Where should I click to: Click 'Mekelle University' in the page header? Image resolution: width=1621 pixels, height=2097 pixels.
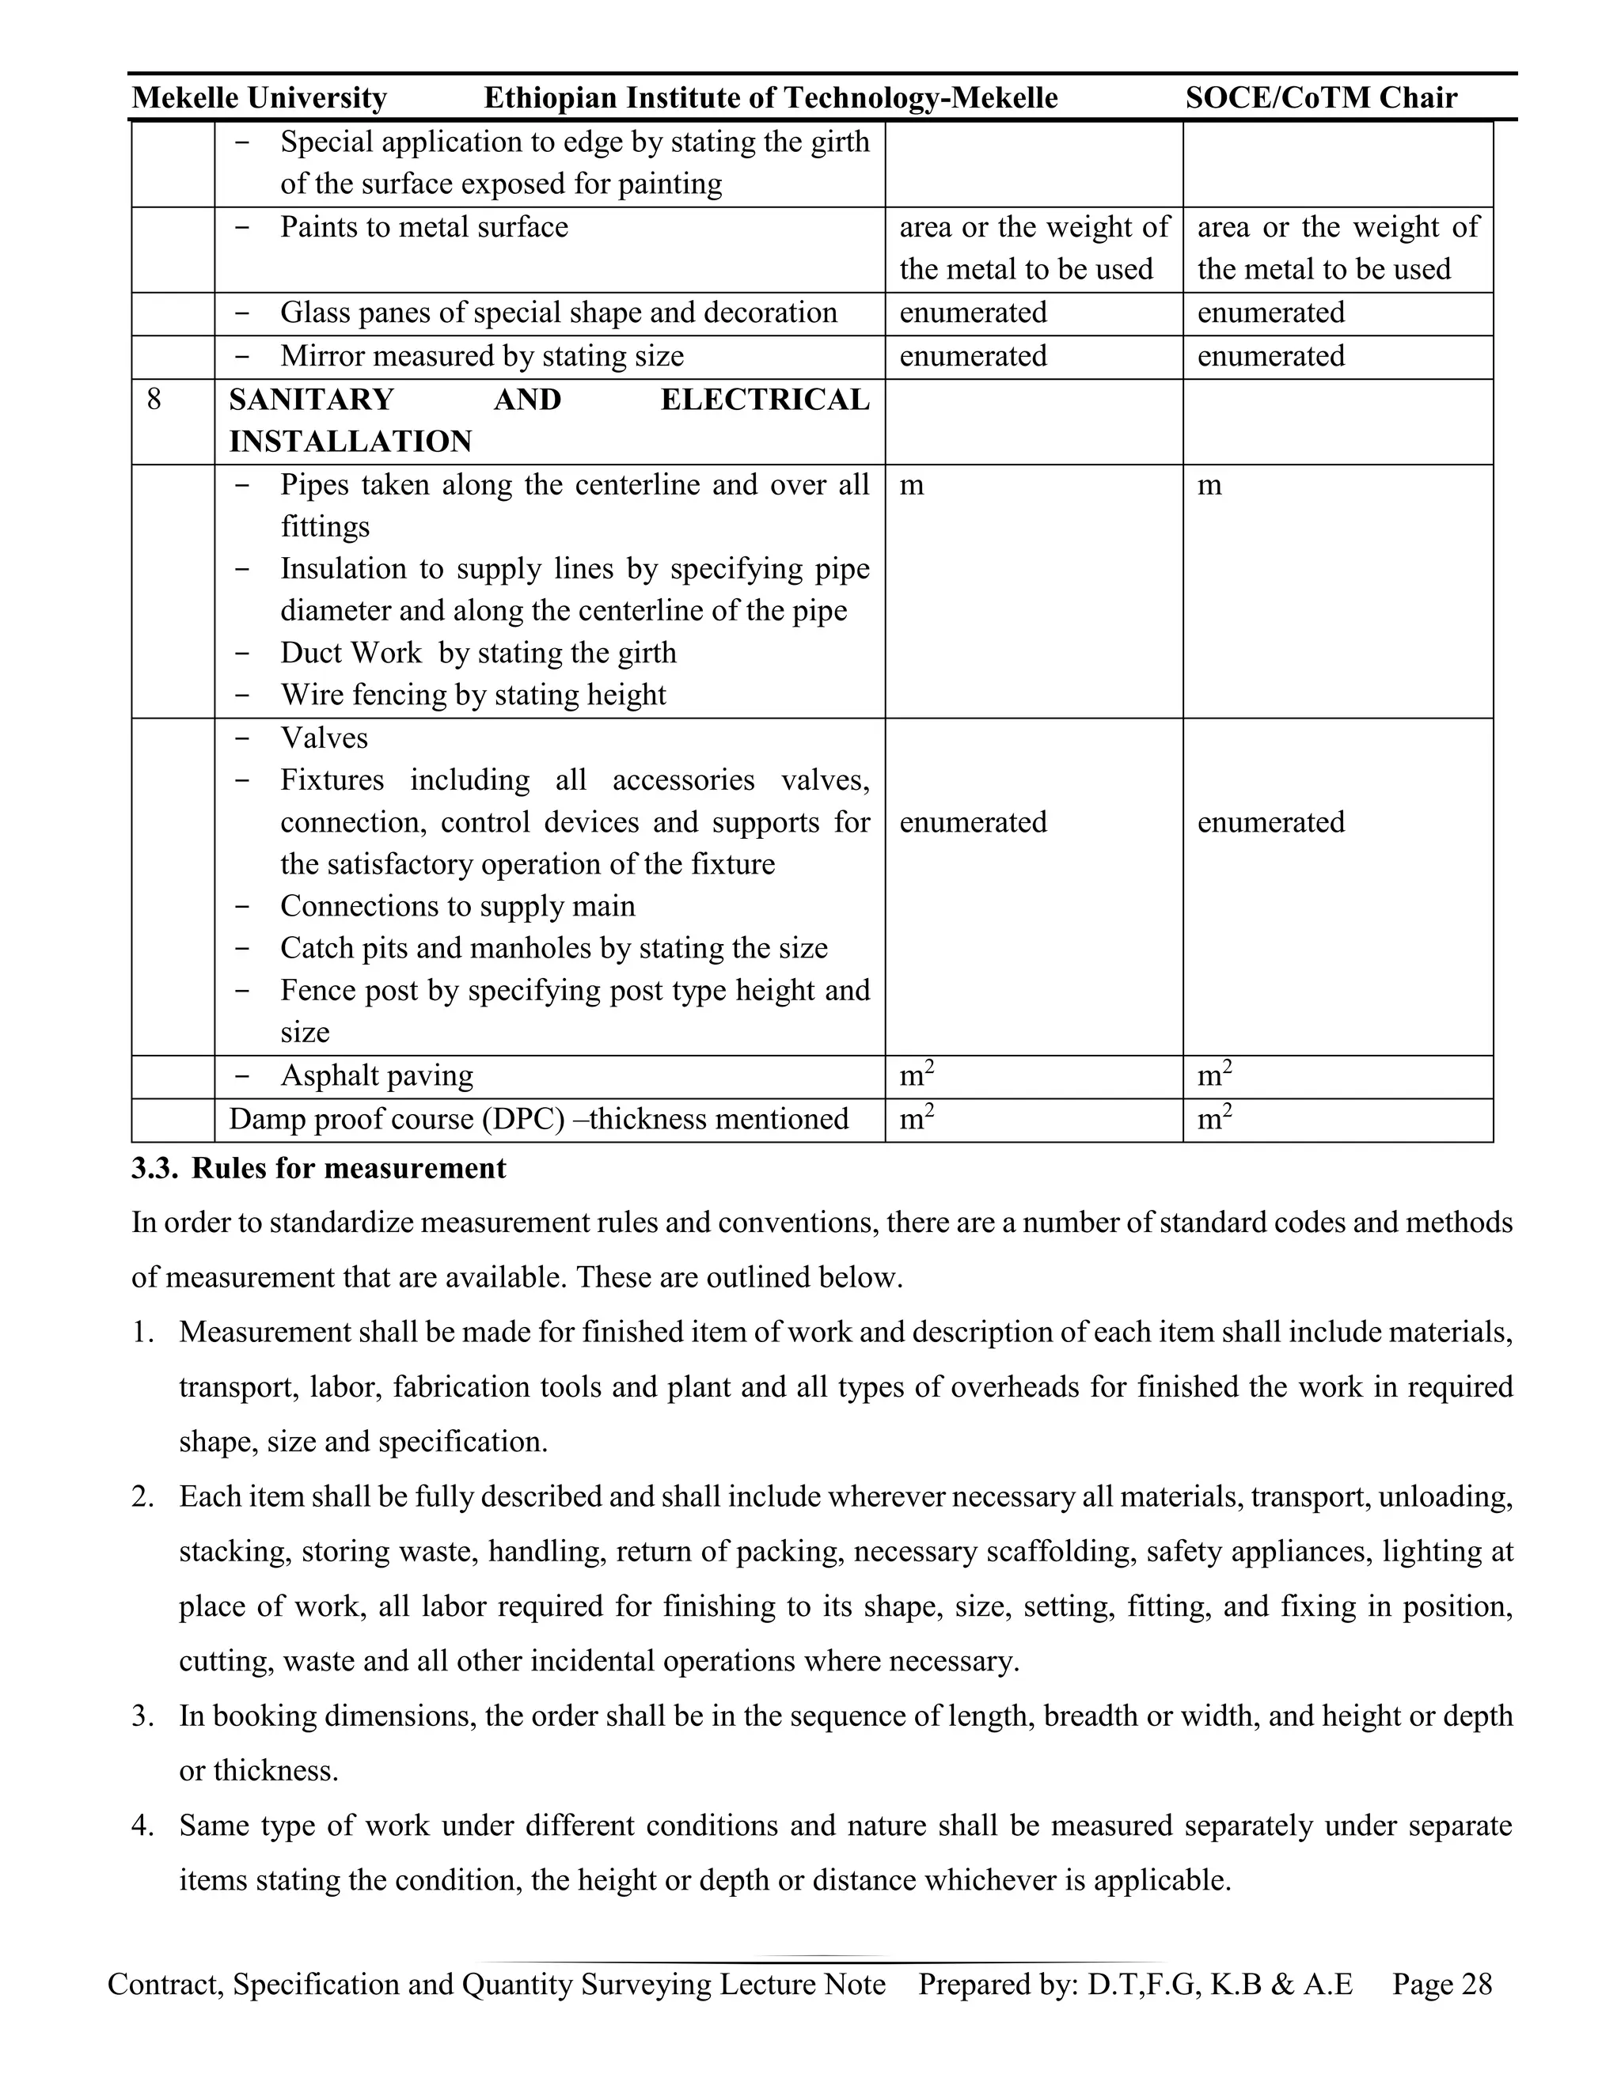(260, 98)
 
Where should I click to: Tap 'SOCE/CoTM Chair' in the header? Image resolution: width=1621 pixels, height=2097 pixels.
(1321, 98)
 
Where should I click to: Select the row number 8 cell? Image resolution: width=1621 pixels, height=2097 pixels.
(154, 399)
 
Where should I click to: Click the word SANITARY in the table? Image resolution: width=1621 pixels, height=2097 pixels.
(311, 400)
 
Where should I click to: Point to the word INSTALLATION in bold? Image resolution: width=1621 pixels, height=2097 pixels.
(351, 442)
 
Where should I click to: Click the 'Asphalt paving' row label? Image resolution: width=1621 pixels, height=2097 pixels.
(377, 1076)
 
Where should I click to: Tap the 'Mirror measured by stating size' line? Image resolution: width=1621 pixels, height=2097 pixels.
(482, 356)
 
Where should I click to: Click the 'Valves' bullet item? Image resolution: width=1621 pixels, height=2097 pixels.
(324, 738)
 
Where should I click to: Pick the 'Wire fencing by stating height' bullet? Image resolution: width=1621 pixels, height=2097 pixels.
(473, 695)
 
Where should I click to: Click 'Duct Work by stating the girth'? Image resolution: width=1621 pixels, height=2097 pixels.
(478, 653)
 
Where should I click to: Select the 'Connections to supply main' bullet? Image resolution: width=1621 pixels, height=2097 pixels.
(457, 906)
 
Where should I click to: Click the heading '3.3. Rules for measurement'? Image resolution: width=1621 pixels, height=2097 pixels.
(319, 1169)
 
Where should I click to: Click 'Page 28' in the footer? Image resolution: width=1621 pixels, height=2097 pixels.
(1441, 1985)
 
